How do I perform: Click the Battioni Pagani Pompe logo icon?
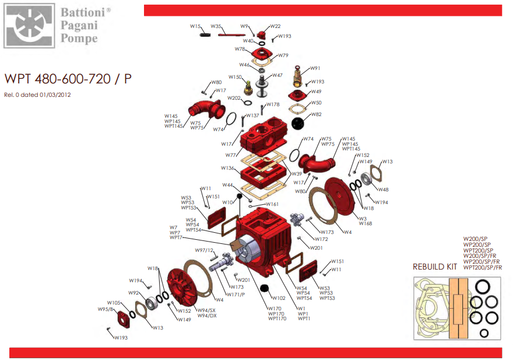(30, 26)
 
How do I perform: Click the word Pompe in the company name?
(79, 39)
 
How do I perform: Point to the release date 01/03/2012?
(57, 95)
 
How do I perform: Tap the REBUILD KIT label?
(435, 267)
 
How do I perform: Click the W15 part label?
(195, 26)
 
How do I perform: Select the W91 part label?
(315, 68)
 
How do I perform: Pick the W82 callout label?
(316, 114)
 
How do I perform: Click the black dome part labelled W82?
(298, 123)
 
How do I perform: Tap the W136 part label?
(227, 168)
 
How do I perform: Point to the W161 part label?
(272, 204)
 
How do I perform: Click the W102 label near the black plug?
(279, 298)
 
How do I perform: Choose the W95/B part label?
(105, 309)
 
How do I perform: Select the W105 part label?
(114, 303)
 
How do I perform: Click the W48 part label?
(383, 190)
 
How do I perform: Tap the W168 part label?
(365, 223)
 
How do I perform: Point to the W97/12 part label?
(205, 250)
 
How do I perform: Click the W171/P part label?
(236, 293)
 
